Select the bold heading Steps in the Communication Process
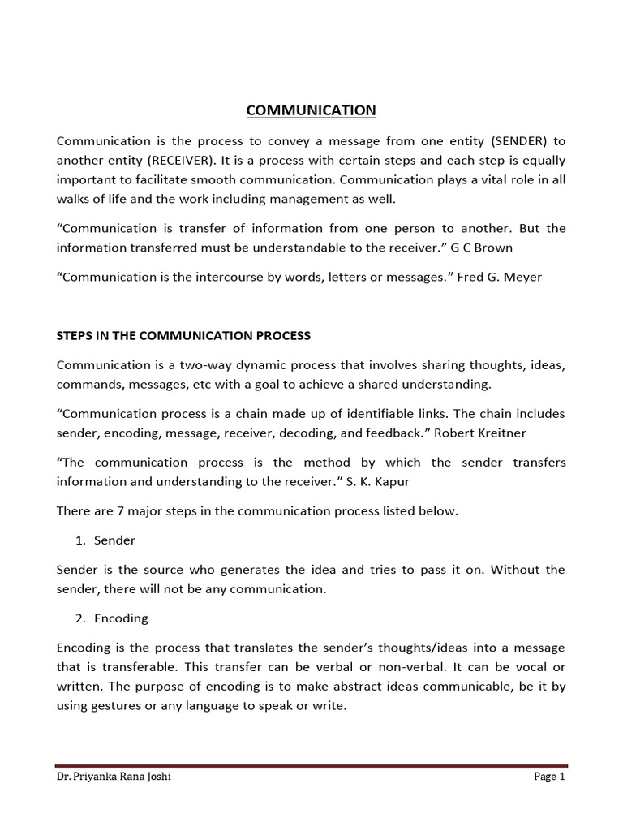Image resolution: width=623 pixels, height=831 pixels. click(183, 334)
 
